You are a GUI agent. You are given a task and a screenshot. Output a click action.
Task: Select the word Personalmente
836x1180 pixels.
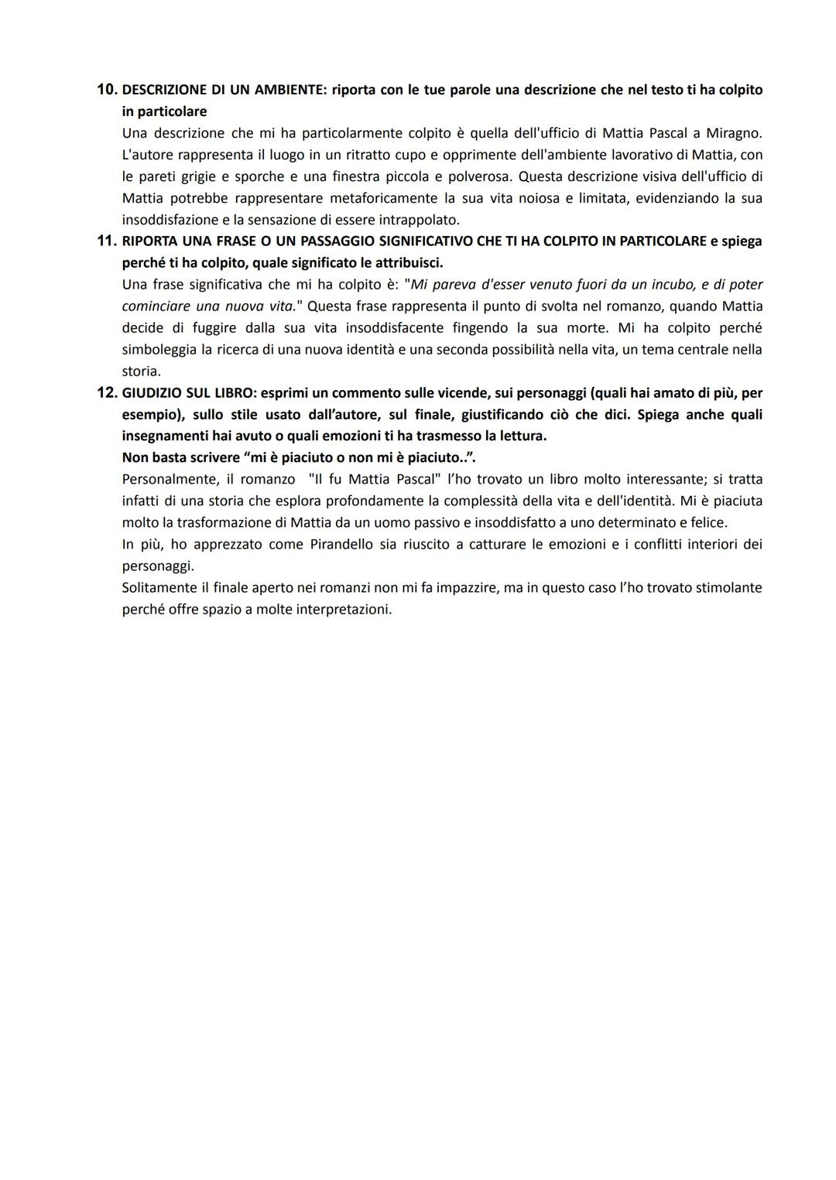pos(170,479)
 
